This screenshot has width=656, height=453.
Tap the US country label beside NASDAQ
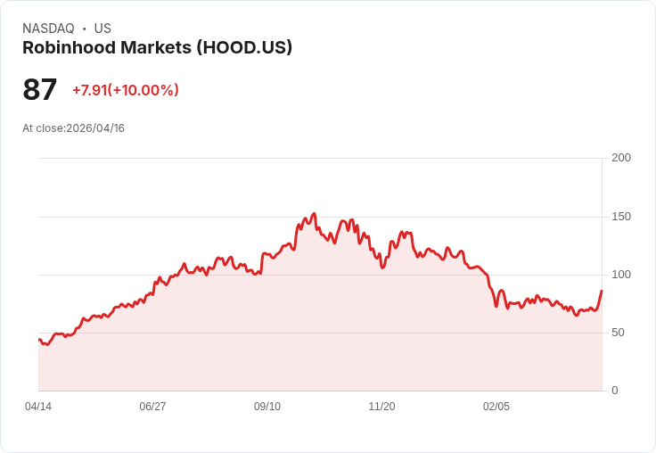(102, 29)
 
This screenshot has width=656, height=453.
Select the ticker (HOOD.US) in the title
(243, 48)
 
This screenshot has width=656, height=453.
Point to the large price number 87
(40, 89)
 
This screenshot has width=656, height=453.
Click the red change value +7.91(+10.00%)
(126, 90)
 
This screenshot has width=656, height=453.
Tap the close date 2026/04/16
(95, 128)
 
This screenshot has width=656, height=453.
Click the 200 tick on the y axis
(621, 158)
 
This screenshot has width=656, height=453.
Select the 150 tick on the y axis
(621, 217)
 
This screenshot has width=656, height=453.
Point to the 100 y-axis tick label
(621, 275)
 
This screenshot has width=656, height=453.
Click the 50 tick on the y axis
(618, 333)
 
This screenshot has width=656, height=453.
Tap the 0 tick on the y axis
(615, 391)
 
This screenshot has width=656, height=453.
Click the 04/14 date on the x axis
(38, 407)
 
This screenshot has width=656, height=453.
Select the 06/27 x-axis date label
(152, 407)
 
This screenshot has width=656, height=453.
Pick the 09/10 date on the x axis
(267, 407)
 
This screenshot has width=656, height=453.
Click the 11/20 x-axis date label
(381, 407)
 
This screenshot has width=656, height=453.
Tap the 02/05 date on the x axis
(496, 407)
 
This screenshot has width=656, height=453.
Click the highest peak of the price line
(314, 214)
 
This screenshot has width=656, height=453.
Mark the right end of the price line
(602, 291)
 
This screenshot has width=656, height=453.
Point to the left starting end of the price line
(39, 339)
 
